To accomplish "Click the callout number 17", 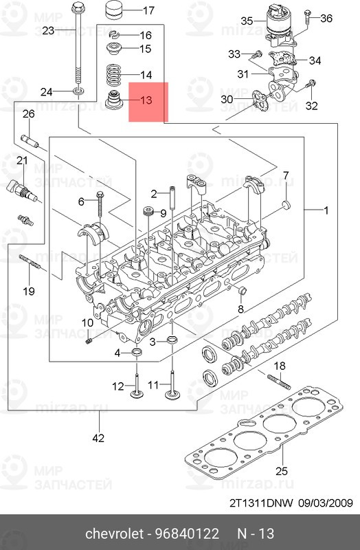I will coord(148,10).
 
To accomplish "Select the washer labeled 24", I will coord(77,91).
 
